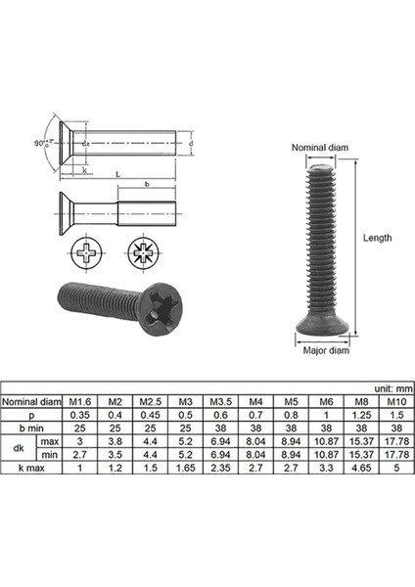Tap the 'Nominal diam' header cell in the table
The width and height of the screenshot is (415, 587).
click(x=31, y=400)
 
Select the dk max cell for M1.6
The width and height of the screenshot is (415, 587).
click(x=79, y=441)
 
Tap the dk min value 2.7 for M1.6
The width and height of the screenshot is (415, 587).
click(x=79, y=455)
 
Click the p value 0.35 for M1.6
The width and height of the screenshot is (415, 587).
click(x=79, y=414)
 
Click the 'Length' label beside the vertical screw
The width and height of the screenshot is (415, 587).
click(x=377, y=238)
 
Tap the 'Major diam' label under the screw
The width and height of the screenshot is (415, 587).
click(x=325, y=349)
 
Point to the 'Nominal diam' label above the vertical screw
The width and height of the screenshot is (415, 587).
click(x=319, y=148)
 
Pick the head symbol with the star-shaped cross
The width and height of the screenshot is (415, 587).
click(x=144, y=259)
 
